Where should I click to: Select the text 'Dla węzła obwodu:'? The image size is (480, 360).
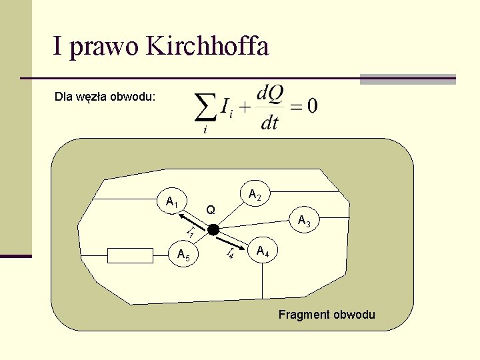tap(105, 97)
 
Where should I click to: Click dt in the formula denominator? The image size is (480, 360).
tap(269, 122)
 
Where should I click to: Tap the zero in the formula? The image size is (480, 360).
tap(312, 106)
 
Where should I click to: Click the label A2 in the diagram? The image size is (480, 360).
tap(254, 195)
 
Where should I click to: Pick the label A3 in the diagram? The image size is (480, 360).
tap(304, 221)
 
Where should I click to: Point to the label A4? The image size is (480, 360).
tap(263, 252)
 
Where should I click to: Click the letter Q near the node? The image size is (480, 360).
tap(210, 210)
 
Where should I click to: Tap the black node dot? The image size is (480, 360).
tap(213, 230)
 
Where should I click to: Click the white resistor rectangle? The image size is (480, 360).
tap(131, 255)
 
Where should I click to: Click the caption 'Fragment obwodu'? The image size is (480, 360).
tap(327, 315)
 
